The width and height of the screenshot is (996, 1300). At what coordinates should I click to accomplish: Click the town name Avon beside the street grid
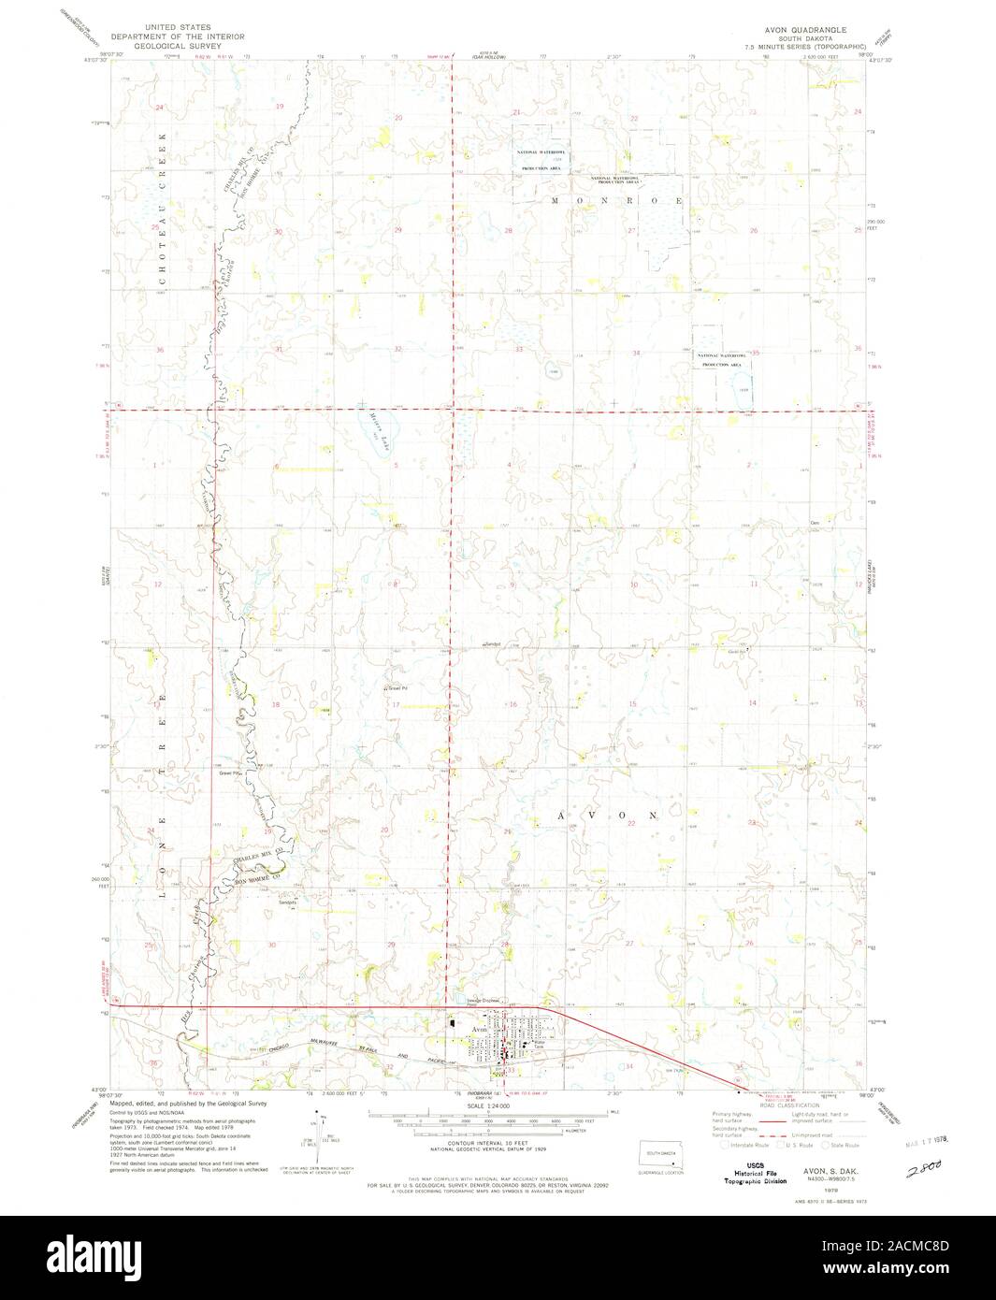(x=480, y=1029)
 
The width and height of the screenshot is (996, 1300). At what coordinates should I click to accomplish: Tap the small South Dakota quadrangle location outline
(x=659, y=1156)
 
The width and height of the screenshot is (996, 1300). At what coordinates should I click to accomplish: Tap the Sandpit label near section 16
(x=493, y=644)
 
